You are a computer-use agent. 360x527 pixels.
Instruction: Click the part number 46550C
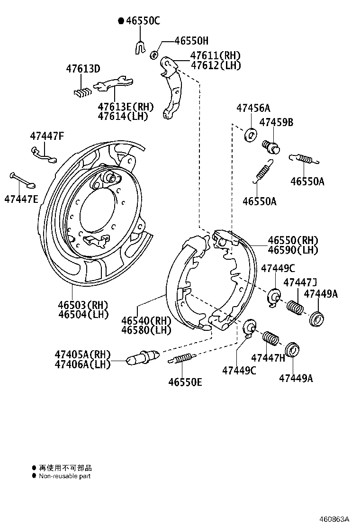(x=143, y=20)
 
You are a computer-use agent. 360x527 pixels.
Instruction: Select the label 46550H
(x=191, y=41)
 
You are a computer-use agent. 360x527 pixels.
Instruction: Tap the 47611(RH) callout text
(x=216, y=55)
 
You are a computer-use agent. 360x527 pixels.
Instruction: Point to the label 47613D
(x=83, y=69)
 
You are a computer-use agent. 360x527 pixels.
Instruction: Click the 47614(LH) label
(x=123, y=116)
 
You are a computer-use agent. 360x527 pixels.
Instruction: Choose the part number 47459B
(x=276, y=122)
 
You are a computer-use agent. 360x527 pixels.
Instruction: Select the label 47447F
(x=46, y=136)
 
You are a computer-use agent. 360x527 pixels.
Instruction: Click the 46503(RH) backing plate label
(x=83, y=304)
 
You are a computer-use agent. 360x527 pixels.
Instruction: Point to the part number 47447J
(x=300, y=282)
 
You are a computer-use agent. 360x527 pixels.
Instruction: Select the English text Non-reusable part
(x=64, y=476)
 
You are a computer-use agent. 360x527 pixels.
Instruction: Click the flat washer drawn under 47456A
(x=250, y=135)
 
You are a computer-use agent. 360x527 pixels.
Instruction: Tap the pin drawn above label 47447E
(x=22, y=181)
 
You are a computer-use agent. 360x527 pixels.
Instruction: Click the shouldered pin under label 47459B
(x=271, y=145)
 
